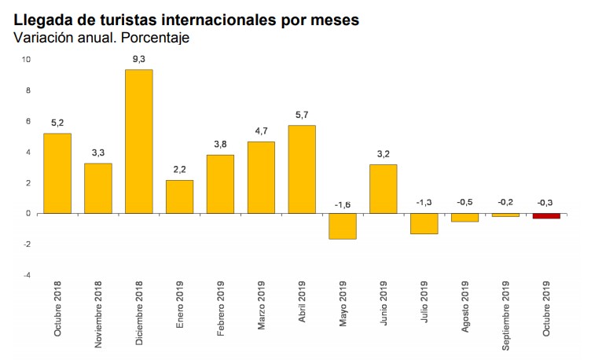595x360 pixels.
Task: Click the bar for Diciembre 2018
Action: click(138, 141)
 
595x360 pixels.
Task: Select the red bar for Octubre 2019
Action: click(547, 216)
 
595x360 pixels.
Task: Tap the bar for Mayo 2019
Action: click(343, 226)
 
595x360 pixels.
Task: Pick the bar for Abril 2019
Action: click(302, 169)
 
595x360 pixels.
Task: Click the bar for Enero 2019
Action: click(179, 197)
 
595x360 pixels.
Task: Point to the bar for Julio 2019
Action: click(424, 223)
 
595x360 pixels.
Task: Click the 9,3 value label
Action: click(138, 59)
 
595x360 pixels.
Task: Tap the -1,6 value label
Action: click(343, 204)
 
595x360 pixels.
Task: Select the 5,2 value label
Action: click(57, 123)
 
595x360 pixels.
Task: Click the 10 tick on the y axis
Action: click(26, 60)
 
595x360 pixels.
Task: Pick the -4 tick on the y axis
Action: click(26, 275)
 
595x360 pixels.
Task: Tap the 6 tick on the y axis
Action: click(28, 121)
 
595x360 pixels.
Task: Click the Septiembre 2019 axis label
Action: click(506, 308)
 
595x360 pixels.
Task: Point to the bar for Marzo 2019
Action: click(261, 177)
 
